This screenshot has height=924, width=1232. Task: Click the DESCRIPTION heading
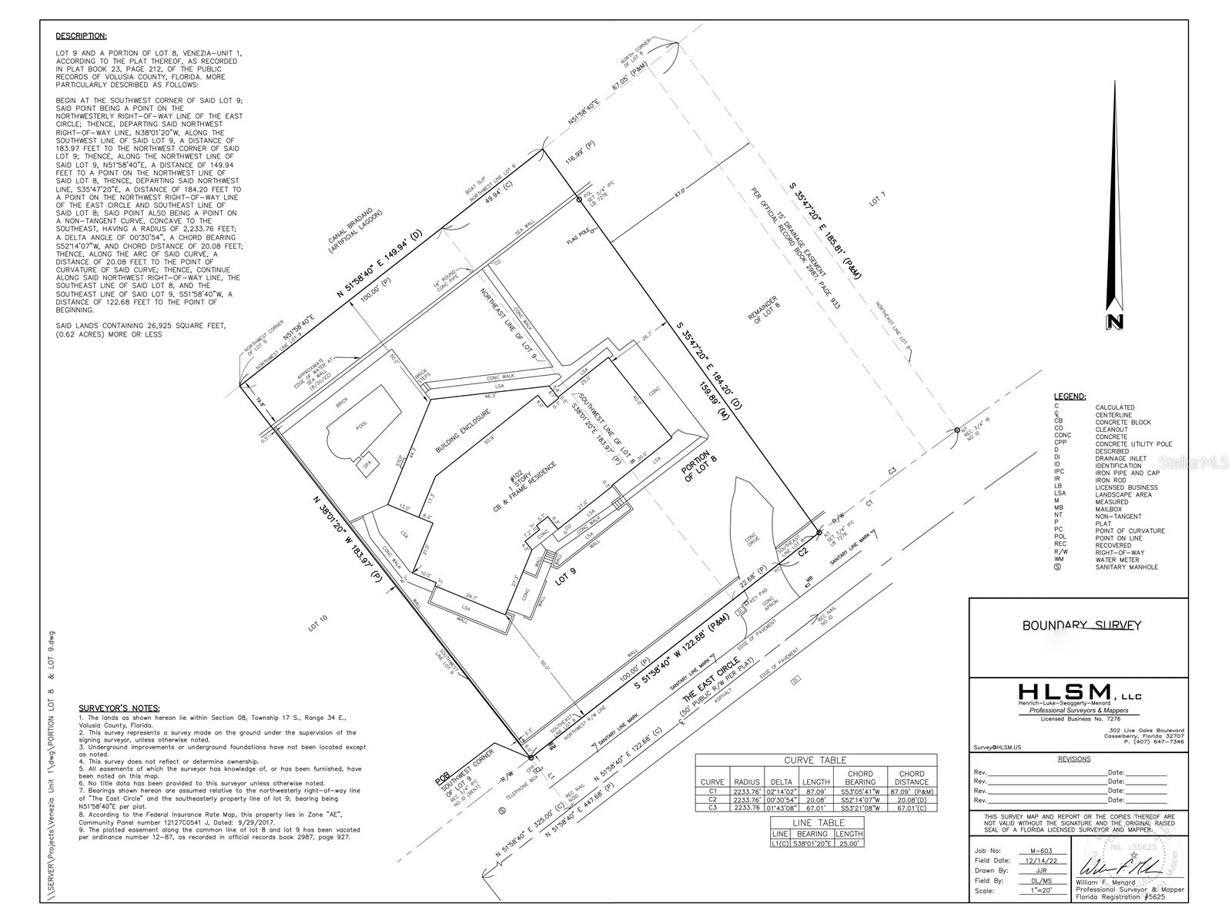[81, 36]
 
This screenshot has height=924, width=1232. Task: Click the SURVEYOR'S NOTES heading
[119, 708]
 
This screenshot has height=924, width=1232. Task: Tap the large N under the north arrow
[1113, 322]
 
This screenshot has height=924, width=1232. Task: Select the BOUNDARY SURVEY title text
[1081, 626]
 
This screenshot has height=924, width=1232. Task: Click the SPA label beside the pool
[360, 465]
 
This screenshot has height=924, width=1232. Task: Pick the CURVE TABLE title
[815, 760]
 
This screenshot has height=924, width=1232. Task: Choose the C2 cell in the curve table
[712, 799]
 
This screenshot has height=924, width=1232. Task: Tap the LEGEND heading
[1070, 397]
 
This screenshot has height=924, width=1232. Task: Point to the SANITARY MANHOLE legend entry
[1127, 567]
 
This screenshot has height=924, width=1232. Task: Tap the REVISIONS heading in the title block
[1074, 759]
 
